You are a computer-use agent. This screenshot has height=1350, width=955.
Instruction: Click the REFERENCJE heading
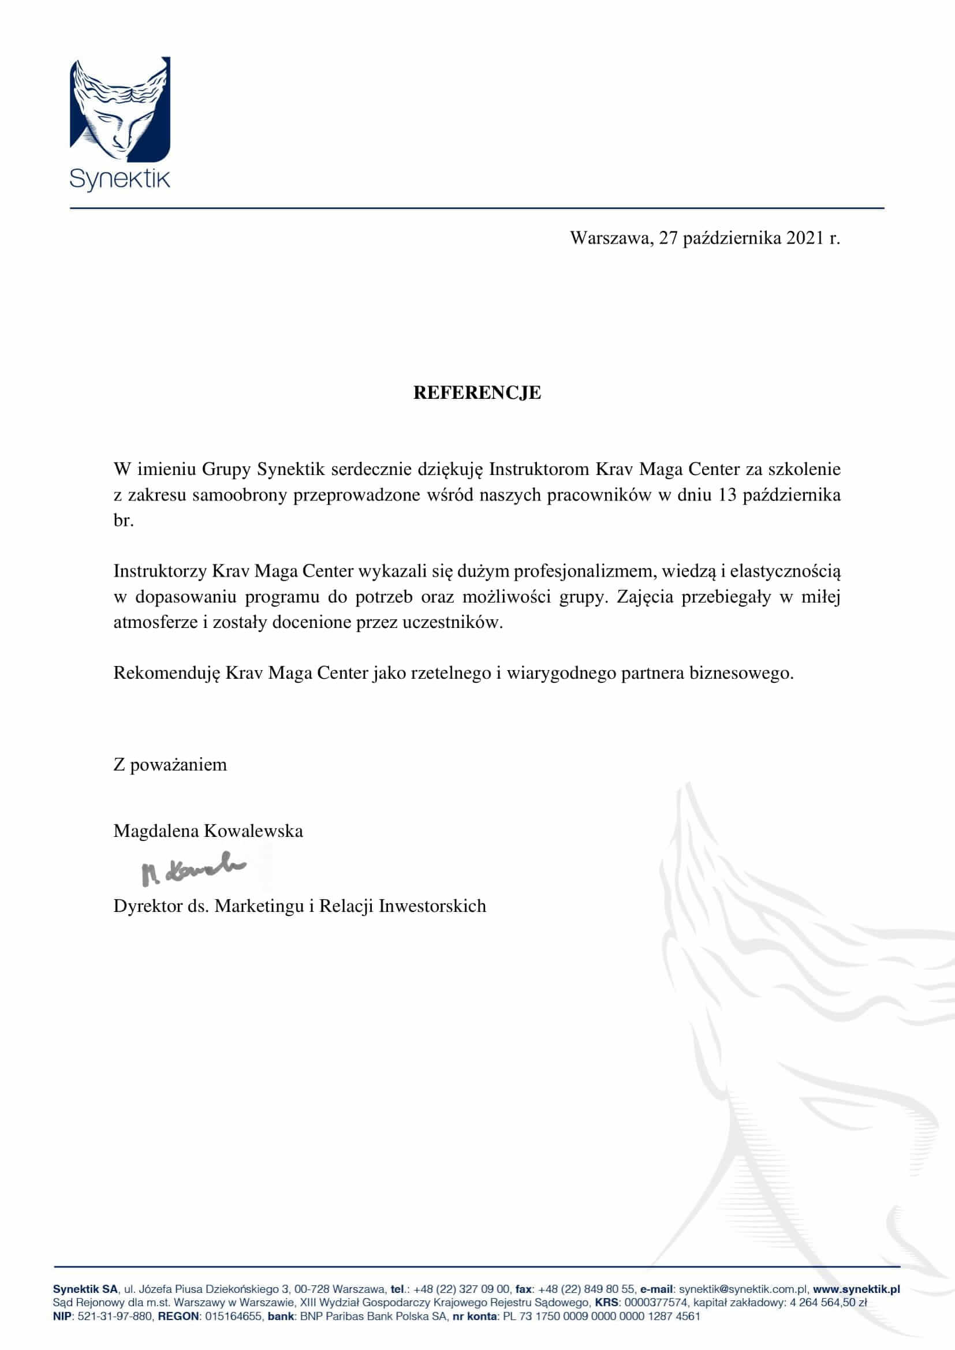(x=477, y=393)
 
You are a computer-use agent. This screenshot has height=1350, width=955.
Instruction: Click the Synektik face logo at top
(x=120, y=110)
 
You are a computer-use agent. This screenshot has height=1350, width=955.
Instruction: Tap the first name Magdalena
(x=156, y=831)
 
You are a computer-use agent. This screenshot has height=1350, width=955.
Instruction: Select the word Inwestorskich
(x=432, y=906)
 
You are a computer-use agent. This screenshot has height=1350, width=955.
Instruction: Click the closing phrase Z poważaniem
(x=170, y=765)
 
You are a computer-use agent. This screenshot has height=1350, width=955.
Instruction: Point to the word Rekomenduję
(x=167, y=672)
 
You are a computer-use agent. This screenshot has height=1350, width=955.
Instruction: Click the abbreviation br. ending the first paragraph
(x=124, y=521)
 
